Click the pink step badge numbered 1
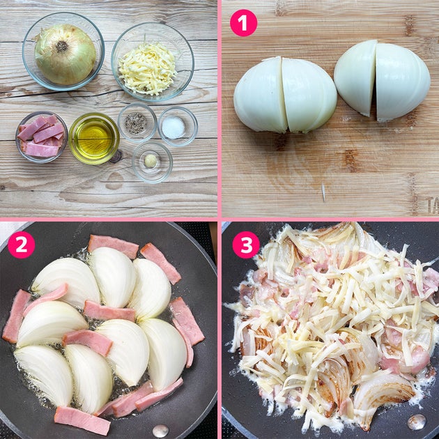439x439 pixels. coord(243,23)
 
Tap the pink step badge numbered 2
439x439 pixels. coord(22,245)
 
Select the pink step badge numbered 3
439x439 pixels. coord(246,245)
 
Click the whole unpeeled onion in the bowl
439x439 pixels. coord(65,54)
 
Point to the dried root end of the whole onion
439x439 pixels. coord(61,46)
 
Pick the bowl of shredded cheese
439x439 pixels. coord(153,62)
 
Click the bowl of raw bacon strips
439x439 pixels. coord(41,137)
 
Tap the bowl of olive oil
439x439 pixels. coord(94,138)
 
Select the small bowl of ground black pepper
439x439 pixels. coord(137,123)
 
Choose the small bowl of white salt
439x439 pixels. coord(178,126)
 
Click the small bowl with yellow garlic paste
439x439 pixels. coord(152,162)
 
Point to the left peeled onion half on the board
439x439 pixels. coord(285,95)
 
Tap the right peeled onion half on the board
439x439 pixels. coord(382,81)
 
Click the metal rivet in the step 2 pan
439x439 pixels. coord(160,431)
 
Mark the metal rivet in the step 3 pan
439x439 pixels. coord(417,422)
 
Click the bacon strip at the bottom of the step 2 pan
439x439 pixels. coord(82,420)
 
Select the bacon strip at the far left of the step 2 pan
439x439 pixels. coord(16,316)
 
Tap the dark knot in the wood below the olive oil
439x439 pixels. coord(116,157)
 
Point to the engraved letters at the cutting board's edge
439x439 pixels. coord(433,206)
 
